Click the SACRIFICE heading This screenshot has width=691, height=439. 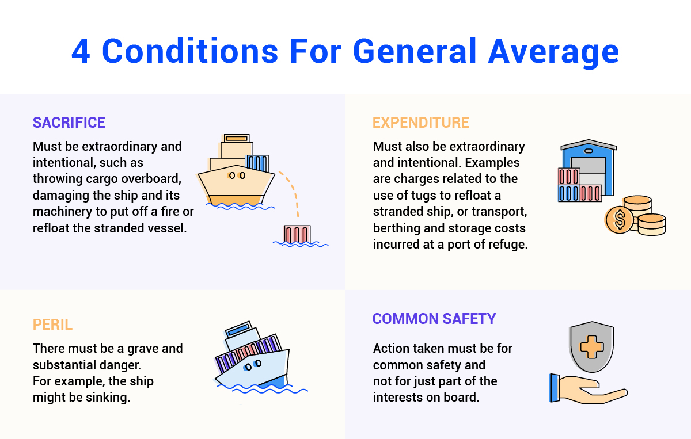tap(69, 123)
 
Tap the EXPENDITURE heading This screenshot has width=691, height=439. tap(421, 123)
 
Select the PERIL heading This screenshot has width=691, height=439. tap(52, 325)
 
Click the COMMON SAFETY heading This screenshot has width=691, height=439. tap(434, 318)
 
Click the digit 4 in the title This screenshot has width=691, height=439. tap(81, 51)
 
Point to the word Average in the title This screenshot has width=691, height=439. tap(553, 52)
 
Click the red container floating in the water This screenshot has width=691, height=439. tap(297, 235)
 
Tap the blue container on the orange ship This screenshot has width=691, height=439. tap(257, 163)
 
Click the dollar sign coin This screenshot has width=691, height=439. tap(620, 220)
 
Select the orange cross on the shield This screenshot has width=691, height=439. tap(592, 347)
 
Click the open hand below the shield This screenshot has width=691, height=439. tap(588, 389)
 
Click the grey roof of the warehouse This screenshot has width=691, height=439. tap(589, 144)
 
